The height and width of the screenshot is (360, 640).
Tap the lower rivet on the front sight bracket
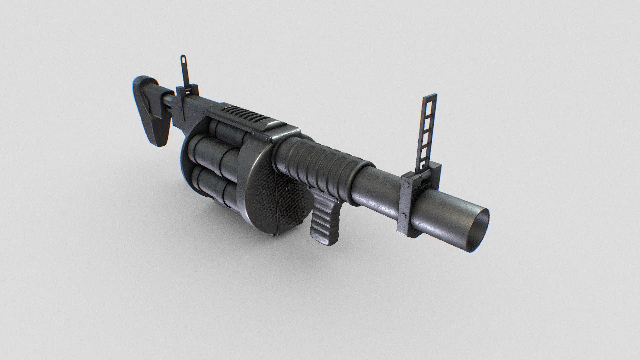coord(402,216)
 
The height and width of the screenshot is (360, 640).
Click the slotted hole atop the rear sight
coord(183,60)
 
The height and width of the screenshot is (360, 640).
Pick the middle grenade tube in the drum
coord(213,153)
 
